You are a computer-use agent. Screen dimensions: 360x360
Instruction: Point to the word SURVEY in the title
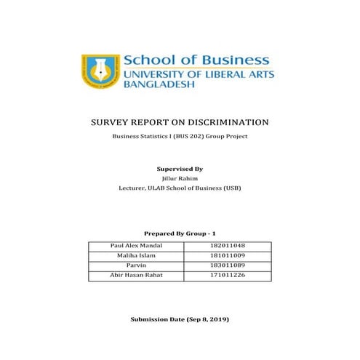point(111,122)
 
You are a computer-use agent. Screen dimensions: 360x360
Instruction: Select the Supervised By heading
point(180,168)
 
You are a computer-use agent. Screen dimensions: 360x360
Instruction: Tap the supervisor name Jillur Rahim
point(180,177)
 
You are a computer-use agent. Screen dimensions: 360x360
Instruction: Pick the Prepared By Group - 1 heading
point(180,233)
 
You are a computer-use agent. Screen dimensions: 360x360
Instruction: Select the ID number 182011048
point(226,247)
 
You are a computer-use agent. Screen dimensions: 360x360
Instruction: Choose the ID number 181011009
point(226,256)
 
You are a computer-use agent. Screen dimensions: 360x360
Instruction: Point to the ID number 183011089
point(226,266)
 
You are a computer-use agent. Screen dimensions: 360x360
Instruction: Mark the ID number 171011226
point(226,276)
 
